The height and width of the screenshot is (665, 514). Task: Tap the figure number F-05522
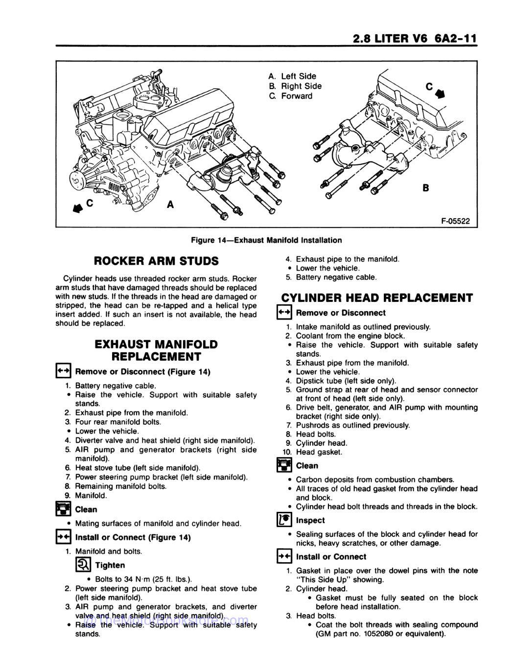(442, 221)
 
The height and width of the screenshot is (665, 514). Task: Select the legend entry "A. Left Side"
(293, 76)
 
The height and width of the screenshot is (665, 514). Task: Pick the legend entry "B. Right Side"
(295, 86)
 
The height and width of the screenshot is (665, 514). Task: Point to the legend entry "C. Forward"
(290, 96)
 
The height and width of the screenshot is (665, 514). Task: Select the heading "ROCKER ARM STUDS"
(156, 260)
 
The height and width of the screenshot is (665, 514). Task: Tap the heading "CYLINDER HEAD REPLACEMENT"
(377, 298)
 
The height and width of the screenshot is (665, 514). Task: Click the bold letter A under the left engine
(170, 204)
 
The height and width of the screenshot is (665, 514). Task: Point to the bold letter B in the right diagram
(425, 187)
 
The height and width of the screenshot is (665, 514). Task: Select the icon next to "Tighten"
(82, 566)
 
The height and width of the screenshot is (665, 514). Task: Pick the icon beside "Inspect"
(284, 521)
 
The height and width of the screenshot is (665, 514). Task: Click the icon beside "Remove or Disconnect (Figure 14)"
(63, 371)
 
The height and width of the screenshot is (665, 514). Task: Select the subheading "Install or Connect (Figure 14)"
(133, 537)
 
